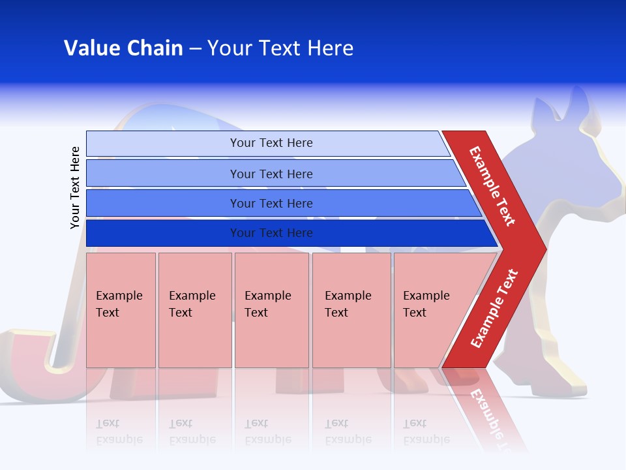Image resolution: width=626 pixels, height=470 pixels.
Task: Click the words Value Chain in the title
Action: [x=123, y=48]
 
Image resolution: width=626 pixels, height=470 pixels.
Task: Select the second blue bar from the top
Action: [x=271, y=174]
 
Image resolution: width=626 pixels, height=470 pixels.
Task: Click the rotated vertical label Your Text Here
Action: [x=75, y=187]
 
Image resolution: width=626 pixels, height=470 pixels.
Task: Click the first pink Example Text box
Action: [x=121, y=310]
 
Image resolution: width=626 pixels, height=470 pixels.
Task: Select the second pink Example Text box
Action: [x=194, y=310]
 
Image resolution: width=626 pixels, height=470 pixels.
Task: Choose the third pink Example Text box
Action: [x=271, y=310]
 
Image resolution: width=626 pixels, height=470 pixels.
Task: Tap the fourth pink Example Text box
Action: [x=351, y=310]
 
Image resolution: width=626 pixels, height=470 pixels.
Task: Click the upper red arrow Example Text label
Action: [x=492, y=186]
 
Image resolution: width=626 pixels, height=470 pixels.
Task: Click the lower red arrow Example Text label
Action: [x=494, y=308]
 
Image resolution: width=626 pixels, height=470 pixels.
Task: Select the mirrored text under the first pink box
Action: [x=119, y=431]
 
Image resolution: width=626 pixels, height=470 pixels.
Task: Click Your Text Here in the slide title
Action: [x=280, y=48]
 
